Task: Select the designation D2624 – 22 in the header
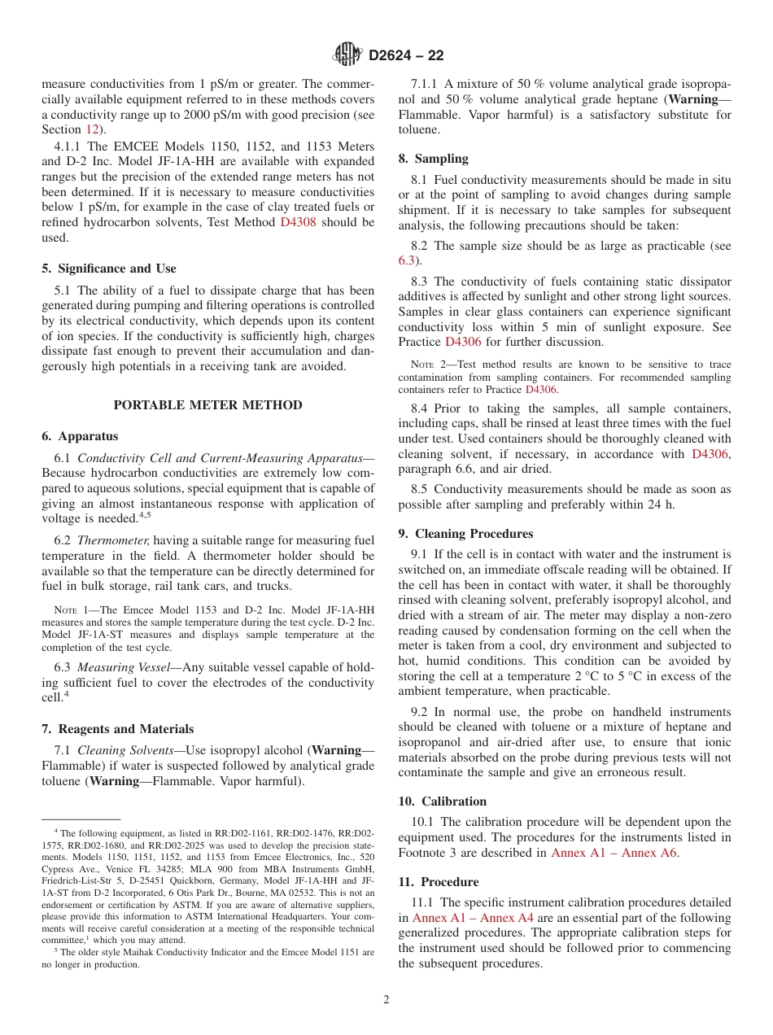pyautogui.click(x=406, y=55)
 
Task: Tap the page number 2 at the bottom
pyautogui.click(x=386, y=1000)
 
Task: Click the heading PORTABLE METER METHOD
pyautogui.click(x=207, y=405)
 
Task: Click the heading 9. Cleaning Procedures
pyautogui.click(x=465, y=534)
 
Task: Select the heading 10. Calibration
pyautogui.click(x=442, y=801)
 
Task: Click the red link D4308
pyautogui.click(x=299, y=222)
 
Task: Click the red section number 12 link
pyautogui.click(x=94, y=129)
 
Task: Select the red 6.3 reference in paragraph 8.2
pyautogui.click(x=407, y=260)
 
